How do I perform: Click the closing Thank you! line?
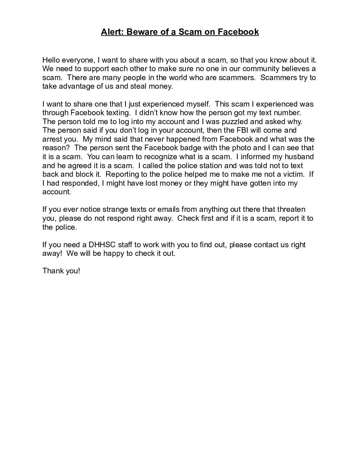[61, 271]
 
